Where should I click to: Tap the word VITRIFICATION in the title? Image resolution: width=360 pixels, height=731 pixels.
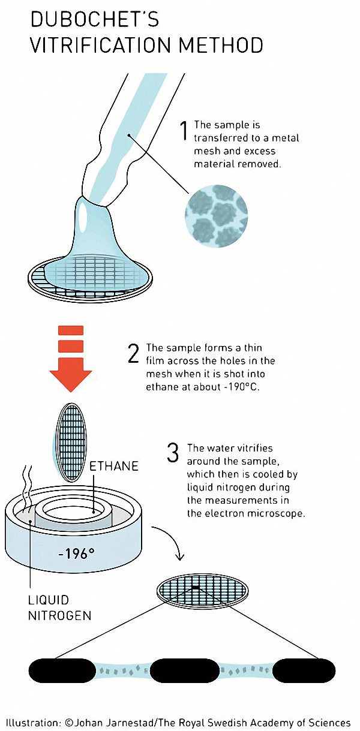click(x=102, y=45)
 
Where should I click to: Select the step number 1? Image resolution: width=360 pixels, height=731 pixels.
click(x=184, y=131)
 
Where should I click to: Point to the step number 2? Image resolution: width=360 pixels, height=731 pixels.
click(x=133, y=353)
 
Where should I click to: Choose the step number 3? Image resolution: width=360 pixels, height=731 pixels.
click(x=173, y=453)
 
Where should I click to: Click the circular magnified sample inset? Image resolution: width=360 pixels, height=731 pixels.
click(x=217, y=216)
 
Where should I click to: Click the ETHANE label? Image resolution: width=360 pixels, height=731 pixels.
click(x=114, y=466)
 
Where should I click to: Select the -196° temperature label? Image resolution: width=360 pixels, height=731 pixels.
click(x=76, y=554)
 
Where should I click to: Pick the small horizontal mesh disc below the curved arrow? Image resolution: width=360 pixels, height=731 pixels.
click(x=202, y=591)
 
